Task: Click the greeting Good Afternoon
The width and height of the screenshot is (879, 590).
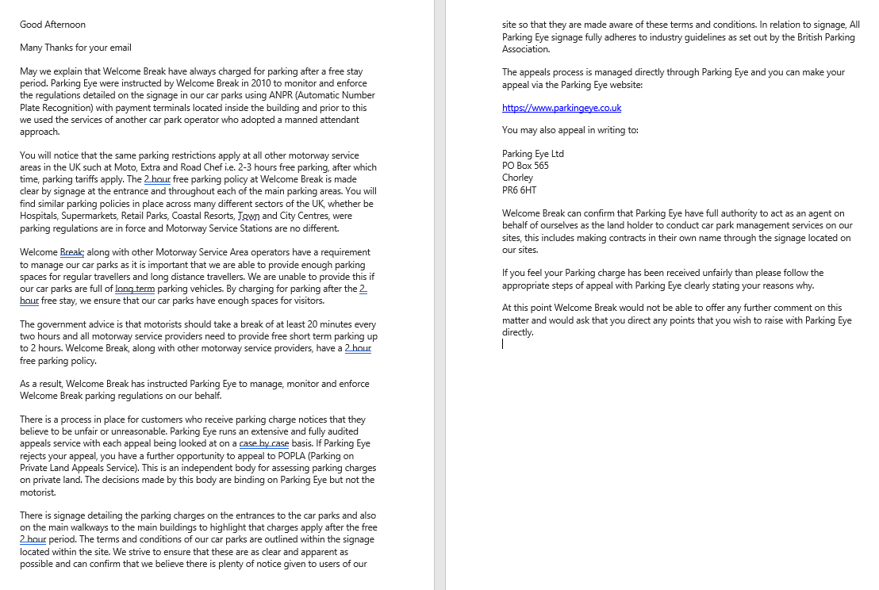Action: [x=52, y=25]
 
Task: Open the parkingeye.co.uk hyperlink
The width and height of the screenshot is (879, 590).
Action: [x=562, y=108]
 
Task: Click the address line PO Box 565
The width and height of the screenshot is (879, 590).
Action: [x=525, y=166]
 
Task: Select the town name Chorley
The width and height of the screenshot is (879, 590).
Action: [x=517, y=178]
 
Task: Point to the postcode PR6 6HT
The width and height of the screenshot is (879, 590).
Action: [x=520, y=190]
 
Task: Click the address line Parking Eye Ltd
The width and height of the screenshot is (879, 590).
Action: [x=533, y=154]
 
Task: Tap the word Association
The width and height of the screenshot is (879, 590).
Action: [x=526, y=49]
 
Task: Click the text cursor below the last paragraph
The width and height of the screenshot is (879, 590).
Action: [x=503, y=344]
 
